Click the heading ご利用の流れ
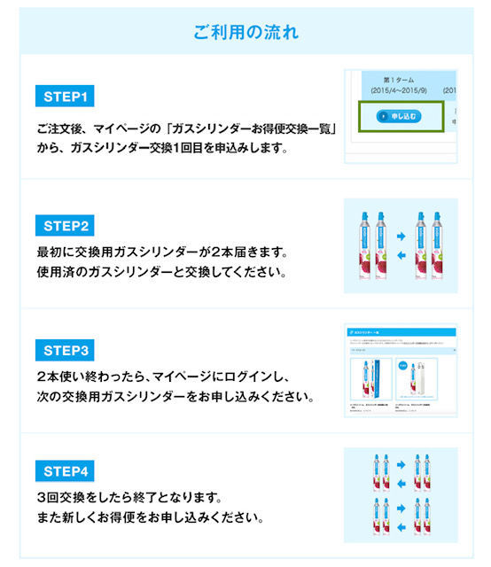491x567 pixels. click(x=245, y=32)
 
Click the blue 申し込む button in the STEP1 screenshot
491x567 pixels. click(x=397, y=116)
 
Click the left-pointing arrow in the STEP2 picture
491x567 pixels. click(x=401, y=257)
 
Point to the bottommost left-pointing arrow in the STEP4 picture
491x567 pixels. click(x=401, y=531)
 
